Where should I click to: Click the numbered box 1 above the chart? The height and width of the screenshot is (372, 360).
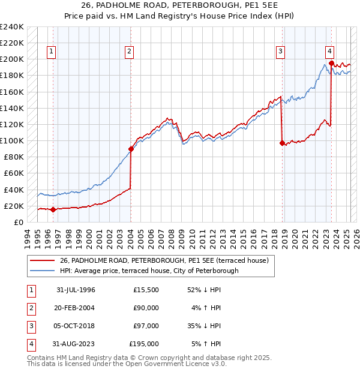[52, 52]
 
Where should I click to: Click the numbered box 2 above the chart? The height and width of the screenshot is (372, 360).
[129, 52]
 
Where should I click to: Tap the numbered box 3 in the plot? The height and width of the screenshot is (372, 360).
[280, 52]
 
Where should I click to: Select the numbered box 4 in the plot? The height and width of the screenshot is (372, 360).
[330, 52]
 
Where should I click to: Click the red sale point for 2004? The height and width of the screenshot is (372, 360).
[131, 149]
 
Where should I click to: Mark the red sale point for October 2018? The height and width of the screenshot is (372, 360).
[282, 143]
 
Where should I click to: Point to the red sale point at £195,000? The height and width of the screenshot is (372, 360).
[331, 63]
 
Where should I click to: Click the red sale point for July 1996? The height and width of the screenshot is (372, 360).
[53, 209]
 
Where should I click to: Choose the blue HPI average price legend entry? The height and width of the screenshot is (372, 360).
[149, 271]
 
